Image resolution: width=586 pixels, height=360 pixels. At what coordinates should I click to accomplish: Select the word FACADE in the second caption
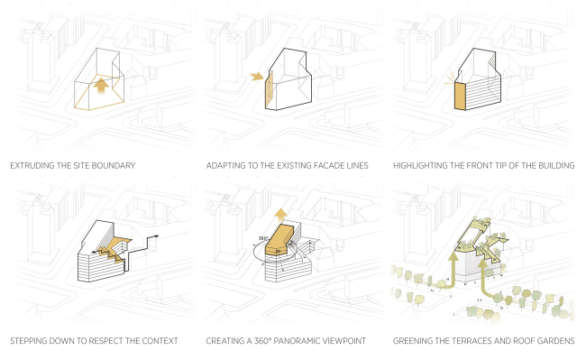[325, 166]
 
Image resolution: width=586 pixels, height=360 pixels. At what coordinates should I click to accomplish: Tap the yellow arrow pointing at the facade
[257, 77]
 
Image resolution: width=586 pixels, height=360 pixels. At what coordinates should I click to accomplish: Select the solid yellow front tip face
[460, 97]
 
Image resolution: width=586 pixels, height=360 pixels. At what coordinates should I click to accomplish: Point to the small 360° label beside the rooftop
[263, 238]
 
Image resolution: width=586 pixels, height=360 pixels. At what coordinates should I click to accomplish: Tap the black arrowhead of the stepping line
[156, 236]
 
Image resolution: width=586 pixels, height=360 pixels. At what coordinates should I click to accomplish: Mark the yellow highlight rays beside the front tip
[449, 78]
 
